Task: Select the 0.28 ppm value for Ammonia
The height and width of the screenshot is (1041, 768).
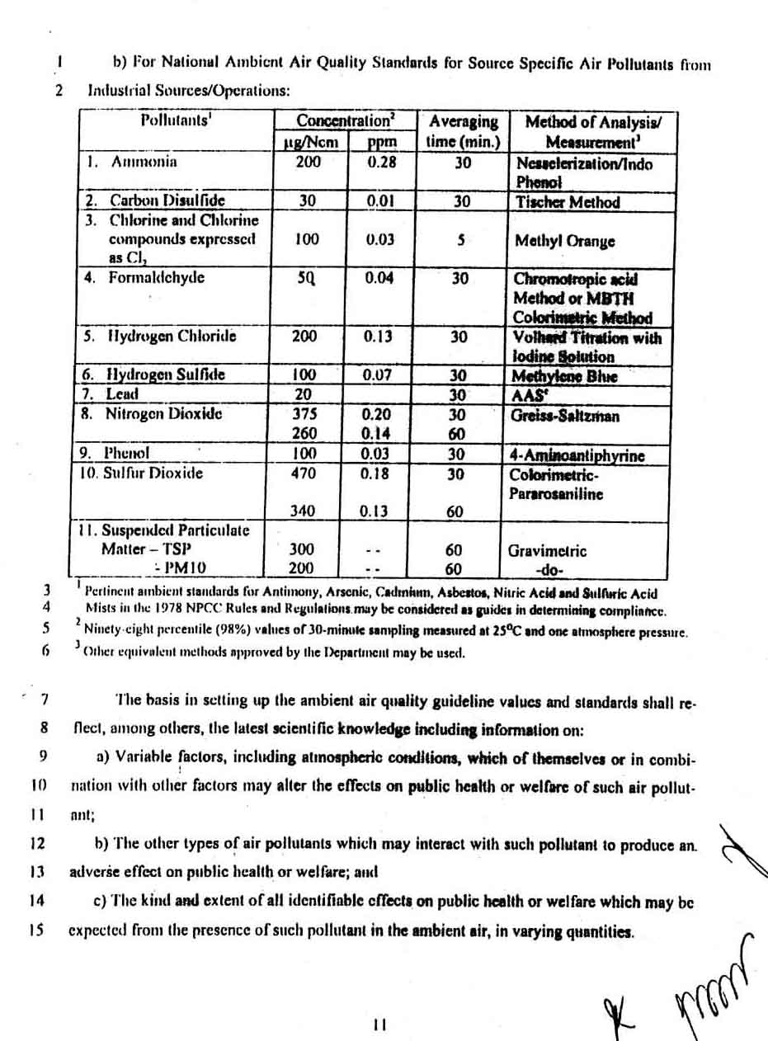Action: [x=381, y=163]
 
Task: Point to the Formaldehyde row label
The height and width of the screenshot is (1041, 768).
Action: [x=156, y=277]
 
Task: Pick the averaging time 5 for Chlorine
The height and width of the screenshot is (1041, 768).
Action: [x=462, y=240]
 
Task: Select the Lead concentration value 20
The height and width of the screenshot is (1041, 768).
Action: [x=304, y=394]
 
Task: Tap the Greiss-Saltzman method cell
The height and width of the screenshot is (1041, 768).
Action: [x=565, y=415]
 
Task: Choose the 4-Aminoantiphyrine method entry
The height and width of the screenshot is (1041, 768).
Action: [x=577, y=455]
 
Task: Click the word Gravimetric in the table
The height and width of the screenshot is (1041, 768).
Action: [x=547, y=550]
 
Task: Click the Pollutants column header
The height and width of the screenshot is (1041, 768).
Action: [x=176, y=120]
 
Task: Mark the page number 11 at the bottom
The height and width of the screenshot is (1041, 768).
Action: [x=379, y=1025]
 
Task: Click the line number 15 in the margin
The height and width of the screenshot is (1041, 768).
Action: [x=35, y=930]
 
